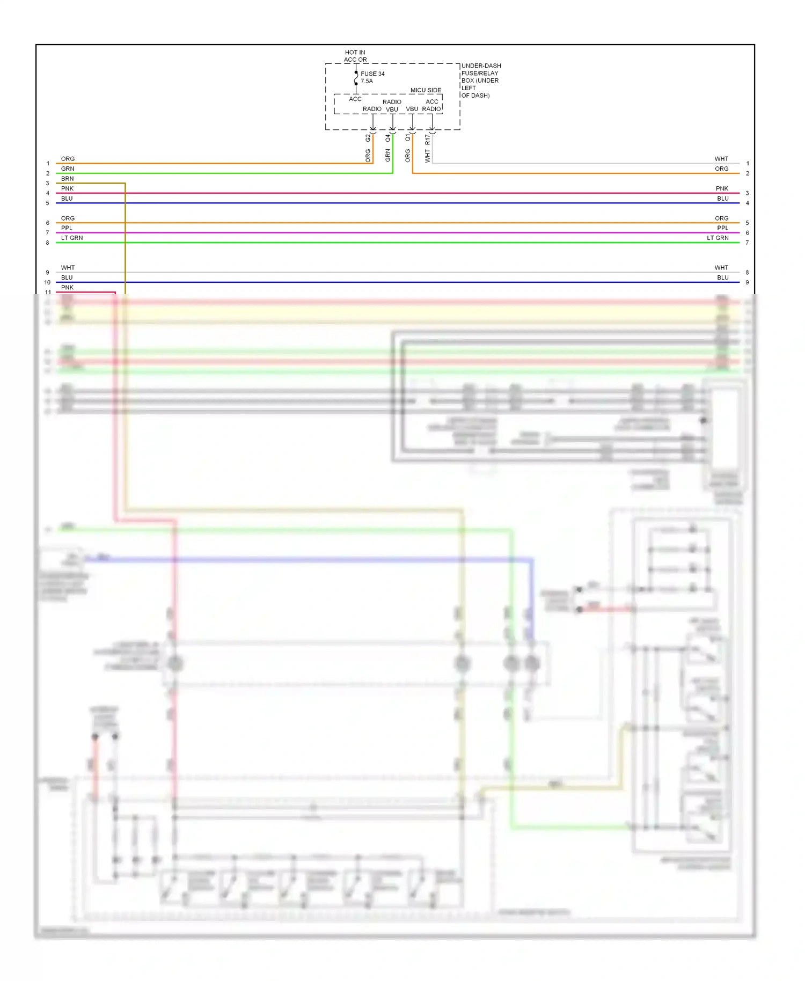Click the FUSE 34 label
372,74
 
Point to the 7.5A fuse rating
367,81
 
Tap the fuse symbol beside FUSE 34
356,78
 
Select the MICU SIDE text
426,90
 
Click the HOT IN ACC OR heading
355,56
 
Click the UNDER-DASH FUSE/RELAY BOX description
480,80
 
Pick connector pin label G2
368,138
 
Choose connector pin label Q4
388,138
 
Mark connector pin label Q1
408,138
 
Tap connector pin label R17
428,140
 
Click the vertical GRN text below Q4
388,156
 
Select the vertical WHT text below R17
428,156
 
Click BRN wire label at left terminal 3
67,179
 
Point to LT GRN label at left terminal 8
72,238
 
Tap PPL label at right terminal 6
722,228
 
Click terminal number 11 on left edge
48,292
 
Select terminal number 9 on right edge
747,282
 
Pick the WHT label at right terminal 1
721,159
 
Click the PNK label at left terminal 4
67,188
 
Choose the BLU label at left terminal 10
67,277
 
